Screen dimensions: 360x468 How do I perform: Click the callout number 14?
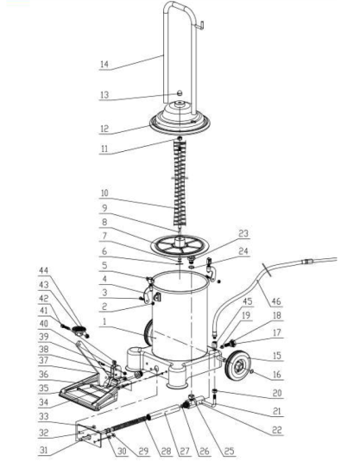click(104, 64)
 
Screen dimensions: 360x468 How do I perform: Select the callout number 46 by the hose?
click(276, 301)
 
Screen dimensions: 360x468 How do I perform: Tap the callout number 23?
click(243, 233)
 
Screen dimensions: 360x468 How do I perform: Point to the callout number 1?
click(104, 321)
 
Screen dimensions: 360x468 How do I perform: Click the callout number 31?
click(43, 450)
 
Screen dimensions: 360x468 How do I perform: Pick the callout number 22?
click(277, 430)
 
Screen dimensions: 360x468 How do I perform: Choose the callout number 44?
click(43, 271)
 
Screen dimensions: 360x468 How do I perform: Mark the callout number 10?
click(104, 193)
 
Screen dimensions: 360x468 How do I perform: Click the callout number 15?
click(277, 356)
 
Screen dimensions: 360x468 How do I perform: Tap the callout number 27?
click(185, 451)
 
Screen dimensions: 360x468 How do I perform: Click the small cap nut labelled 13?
click(180, 93)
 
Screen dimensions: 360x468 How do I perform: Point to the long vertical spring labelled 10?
click(180, 185)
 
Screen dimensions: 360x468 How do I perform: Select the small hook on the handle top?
click(201, 25)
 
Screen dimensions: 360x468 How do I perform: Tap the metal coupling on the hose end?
click(306, 262)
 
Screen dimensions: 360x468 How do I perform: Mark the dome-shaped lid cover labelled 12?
click(180, 119)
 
